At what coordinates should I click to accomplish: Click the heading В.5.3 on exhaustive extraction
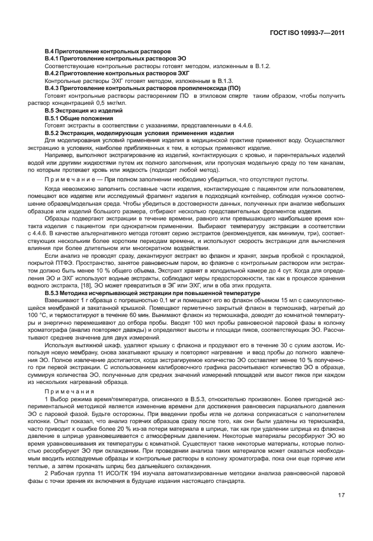(149, 293)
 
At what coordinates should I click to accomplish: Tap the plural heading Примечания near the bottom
(70, 392)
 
